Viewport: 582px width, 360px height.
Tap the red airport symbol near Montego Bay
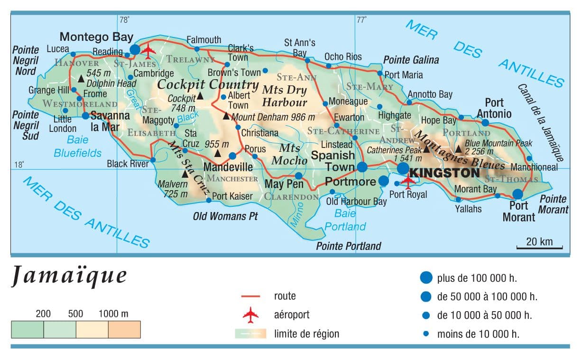[149, 49]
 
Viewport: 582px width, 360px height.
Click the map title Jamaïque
[69, 277]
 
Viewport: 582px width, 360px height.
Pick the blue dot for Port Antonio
[485, 122]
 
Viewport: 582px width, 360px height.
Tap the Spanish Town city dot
[362, 166]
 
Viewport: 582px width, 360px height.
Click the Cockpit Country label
[208, 85]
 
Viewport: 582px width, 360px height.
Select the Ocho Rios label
[343, 57]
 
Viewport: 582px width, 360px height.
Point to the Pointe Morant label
[553, 204]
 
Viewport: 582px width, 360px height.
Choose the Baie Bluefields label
[77, 147]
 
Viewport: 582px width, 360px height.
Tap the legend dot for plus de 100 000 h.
[426, 278]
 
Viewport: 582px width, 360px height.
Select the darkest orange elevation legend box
[124, 329]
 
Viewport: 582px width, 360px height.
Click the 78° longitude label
[124, 20]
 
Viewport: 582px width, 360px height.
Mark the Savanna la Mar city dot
[85, 115]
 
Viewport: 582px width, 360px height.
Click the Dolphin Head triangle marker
[81, 78]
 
